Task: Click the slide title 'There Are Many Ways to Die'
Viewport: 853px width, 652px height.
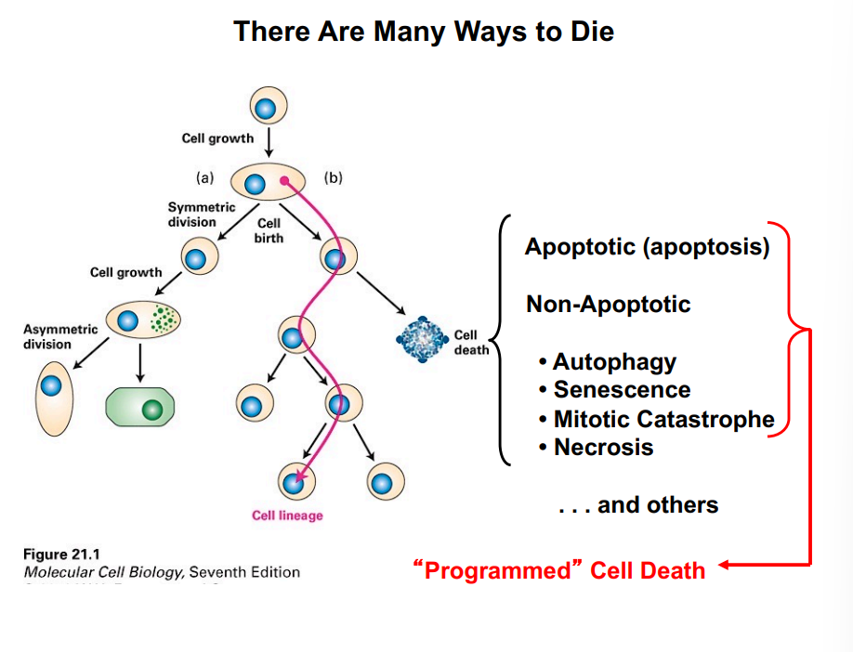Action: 424,32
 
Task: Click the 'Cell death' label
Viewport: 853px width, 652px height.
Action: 467,342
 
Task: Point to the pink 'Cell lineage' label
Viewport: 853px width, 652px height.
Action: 287,515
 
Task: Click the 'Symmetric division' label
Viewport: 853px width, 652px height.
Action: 192,215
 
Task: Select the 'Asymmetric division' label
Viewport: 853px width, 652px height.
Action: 47,337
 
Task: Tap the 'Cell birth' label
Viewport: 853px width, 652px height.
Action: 269,230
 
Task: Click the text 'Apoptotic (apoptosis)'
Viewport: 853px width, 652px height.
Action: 647,247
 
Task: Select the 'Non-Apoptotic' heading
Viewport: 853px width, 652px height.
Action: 608,304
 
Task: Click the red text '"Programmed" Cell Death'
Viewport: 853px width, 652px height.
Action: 558,569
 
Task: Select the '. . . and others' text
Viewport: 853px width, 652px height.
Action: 638,505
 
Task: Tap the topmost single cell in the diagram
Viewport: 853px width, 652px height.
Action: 266,108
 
